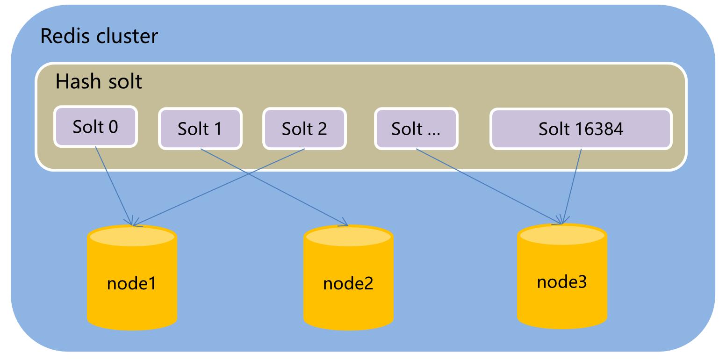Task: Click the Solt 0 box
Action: (x=95, y=127)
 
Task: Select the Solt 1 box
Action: (x=200, y=129)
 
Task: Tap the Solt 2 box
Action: (x=304, y=129)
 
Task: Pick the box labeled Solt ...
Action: (x=416, y=129)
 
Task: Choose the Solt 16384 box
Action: (x=581, y=129)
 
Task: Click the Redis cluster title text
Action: (x=99, y=36)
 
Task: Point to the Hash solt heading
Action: (x=99, y=82)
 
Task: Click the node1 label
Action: (x=131, y=283)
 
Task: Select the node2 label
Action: (x=348, y=283)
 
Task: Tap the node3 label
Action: (x=562, y=282)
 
